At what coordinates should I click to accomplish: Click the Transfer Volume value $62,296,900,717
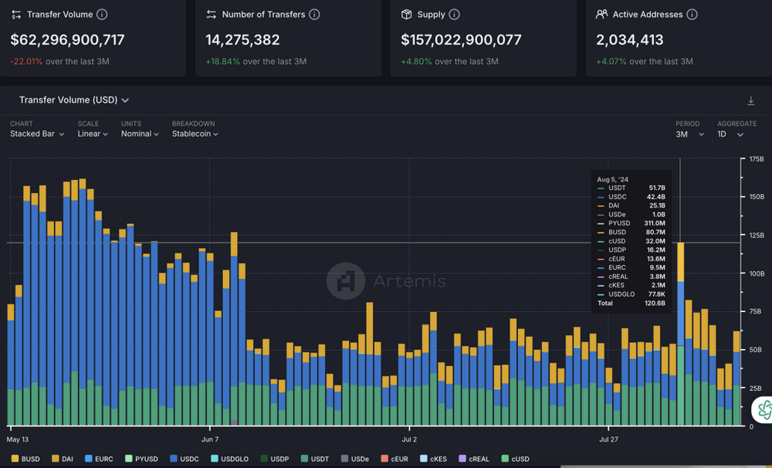pos(68,40)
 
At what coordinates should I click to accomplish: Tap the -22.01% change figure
pos(27,62)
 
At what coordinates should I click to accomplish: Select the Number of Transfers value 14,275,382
pos(242,40)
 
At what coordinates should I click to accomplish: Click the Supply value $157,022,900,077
pos(461,40)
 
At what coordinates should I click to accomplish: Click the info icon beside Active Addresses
pos(692,15)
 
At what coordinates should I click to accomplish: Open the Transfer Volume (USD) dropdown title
pos(73,100)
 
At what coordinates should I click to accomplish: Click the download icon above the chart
pos(750,101)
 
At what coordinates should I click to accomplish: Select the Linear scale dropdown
pos(93,134)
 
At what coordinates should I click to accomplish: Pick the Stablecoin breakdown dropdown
pos(195,134)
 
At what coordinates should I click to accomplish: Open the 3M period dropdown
pos(689,134)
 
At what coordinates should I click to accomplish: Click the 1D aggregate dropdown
pos(730,134)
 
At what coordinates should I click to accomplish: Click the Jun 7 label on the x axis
pos(209,439)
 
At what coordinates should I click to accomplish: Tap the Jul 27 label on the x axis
pos(609,439)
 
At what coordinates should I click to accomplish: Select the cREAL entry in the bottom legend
pos(474,459)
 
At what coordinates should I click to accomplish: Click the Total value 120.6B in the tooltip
pos(655,304)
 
